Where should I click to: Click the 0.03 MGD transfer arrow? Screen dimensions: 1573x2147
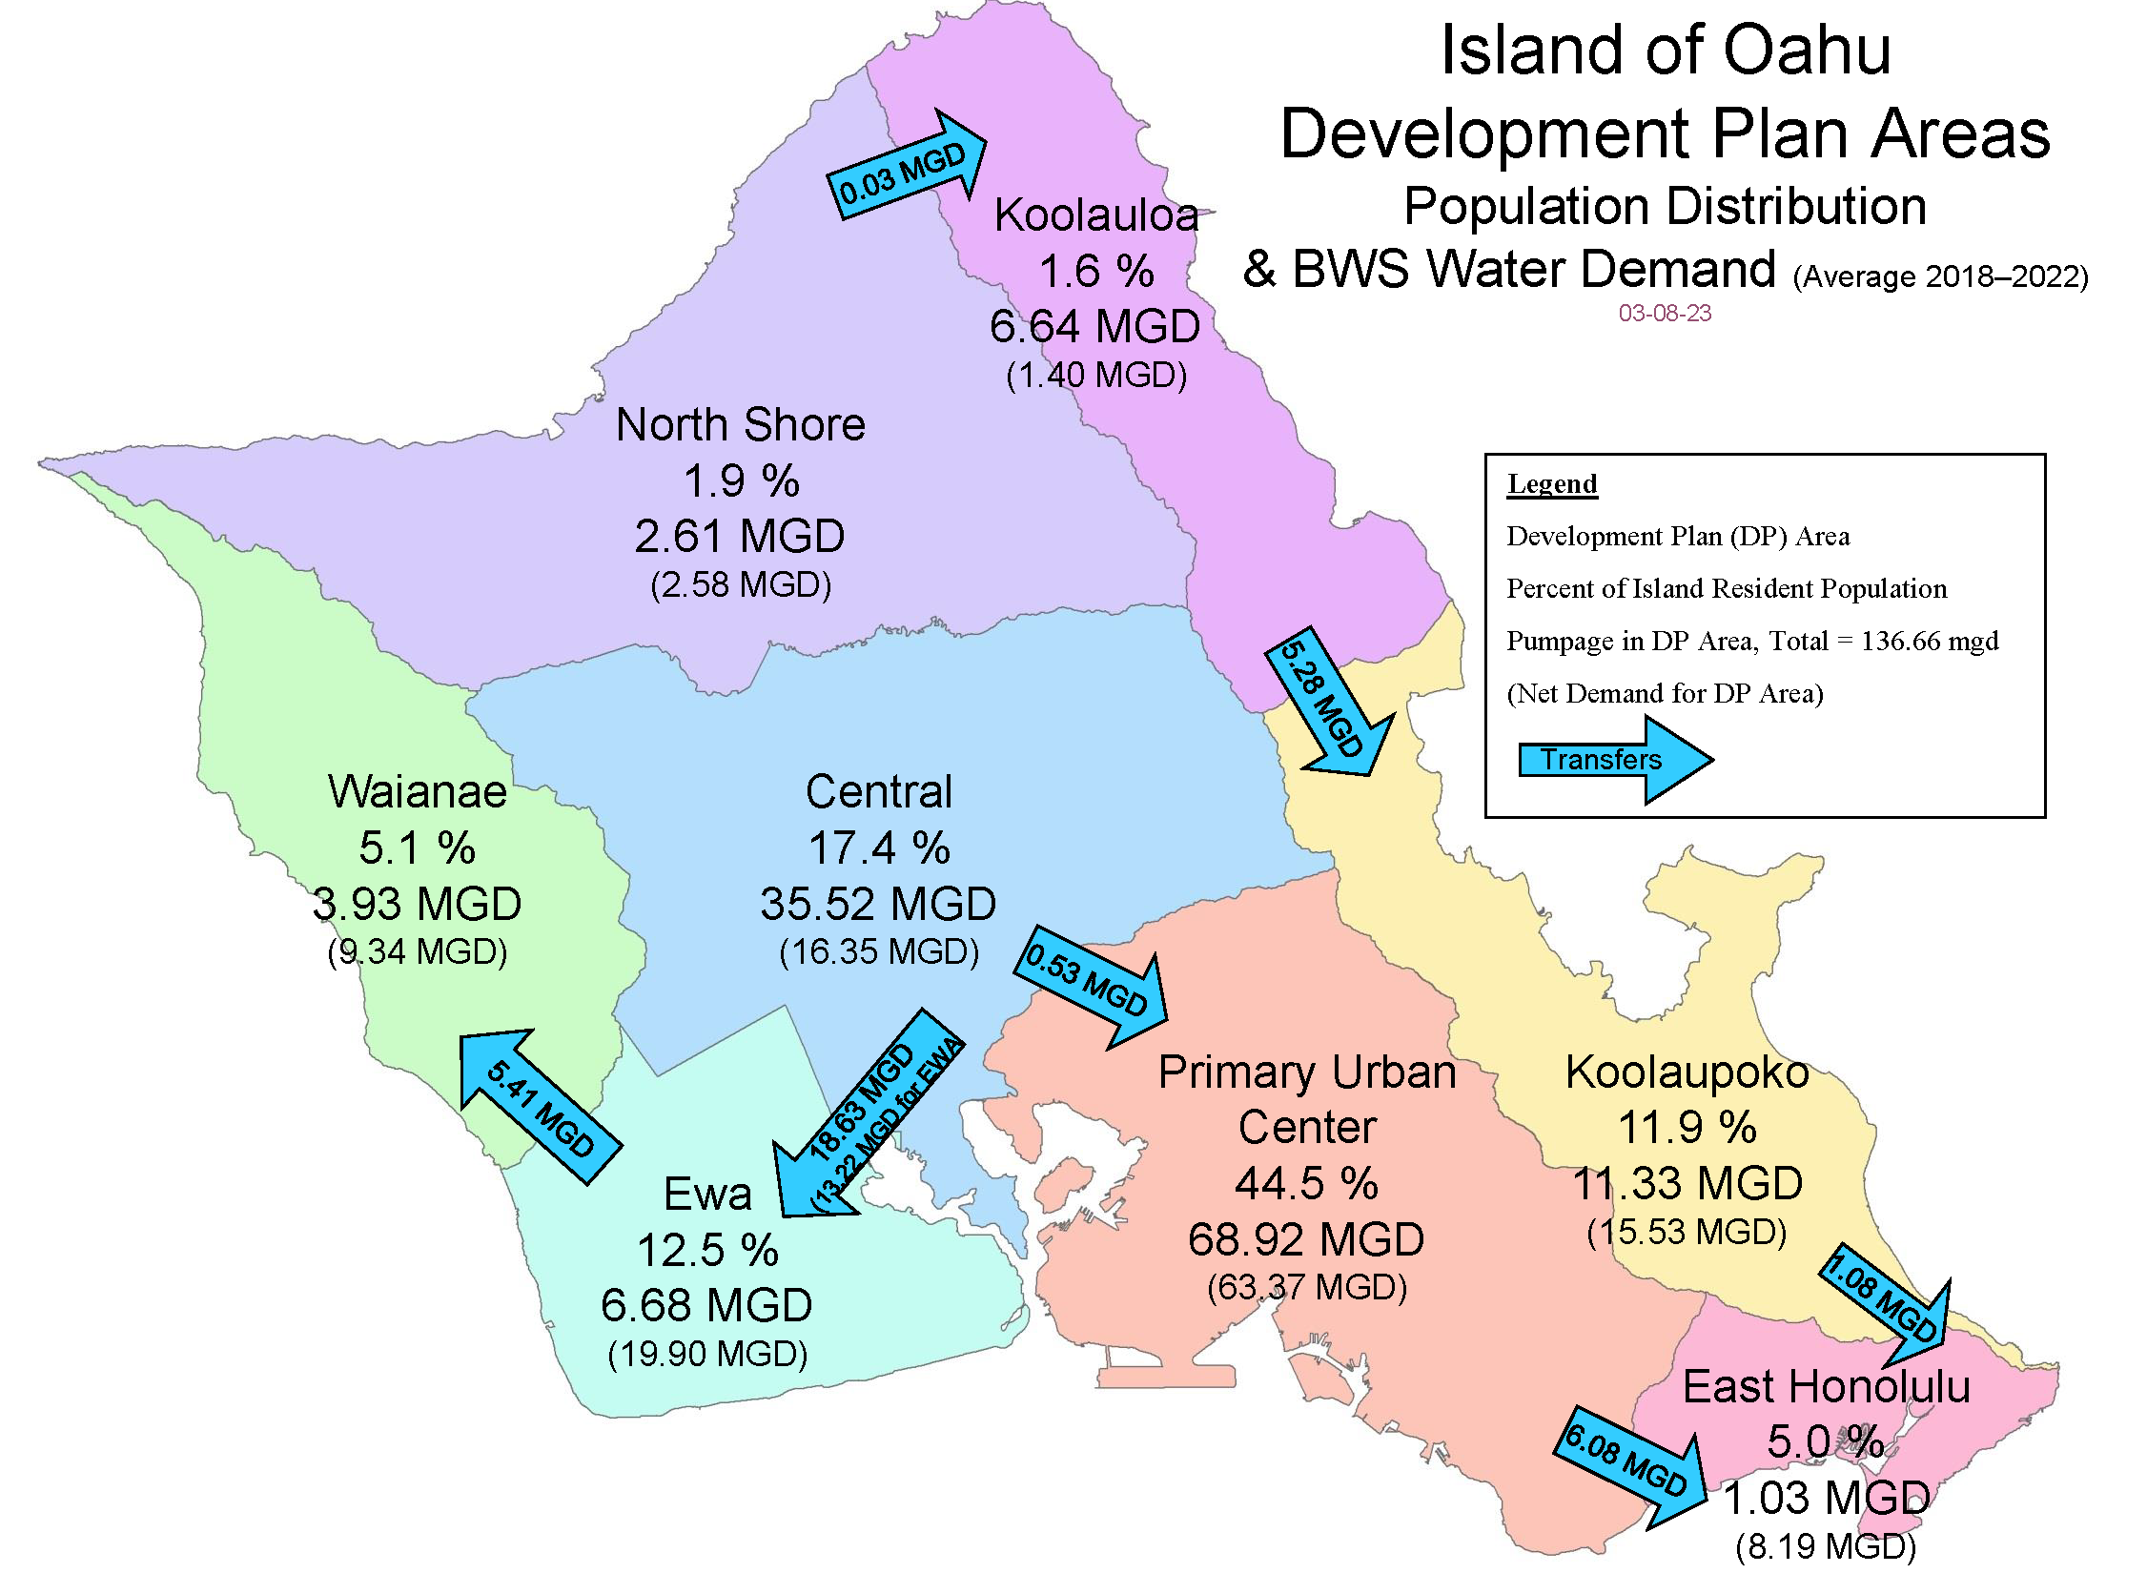tap(904, 170)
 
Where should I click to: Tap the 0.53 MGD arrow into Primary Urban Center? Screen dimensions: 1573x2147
tap(1093, 986)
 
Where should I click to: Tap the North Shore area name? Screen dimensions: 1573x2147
tap(740, 424)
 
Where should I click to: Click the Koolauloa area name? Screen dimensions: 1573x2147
tap(1095, 214)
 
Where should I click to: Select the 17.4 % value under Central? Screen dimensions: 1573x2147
tap(878, 848)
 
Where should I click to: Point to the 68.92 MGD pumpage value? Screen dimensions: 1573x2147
tap(1305, 1239)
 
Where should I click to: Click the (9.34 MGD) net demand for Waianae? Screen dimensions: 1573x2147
tap(417, 951)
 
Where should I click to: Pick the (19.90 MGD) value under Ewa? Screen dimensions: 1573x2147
tap(706, 1354)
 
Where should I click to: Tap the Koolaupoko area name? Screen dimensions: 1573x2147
tap(1687, 1072)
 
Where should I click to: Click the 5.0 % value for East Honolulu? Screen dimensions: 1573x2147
tap(1825, 1441)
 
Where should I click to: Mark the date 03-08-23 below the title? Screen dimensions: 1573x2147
tap(1665, 313)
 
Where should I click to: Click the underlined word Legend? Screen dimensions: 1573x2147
tap(1551, 483)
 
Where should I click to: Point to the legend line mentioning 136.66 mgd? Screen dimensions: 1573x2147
tap(1751, 641)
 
